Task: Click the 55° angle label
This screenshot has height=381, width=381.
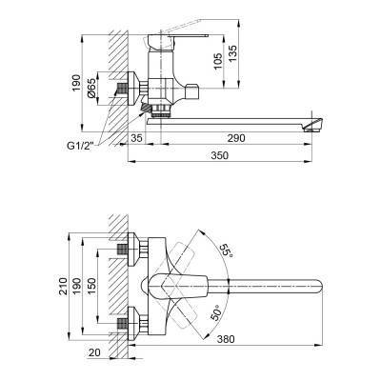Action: tap(226, 252)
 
